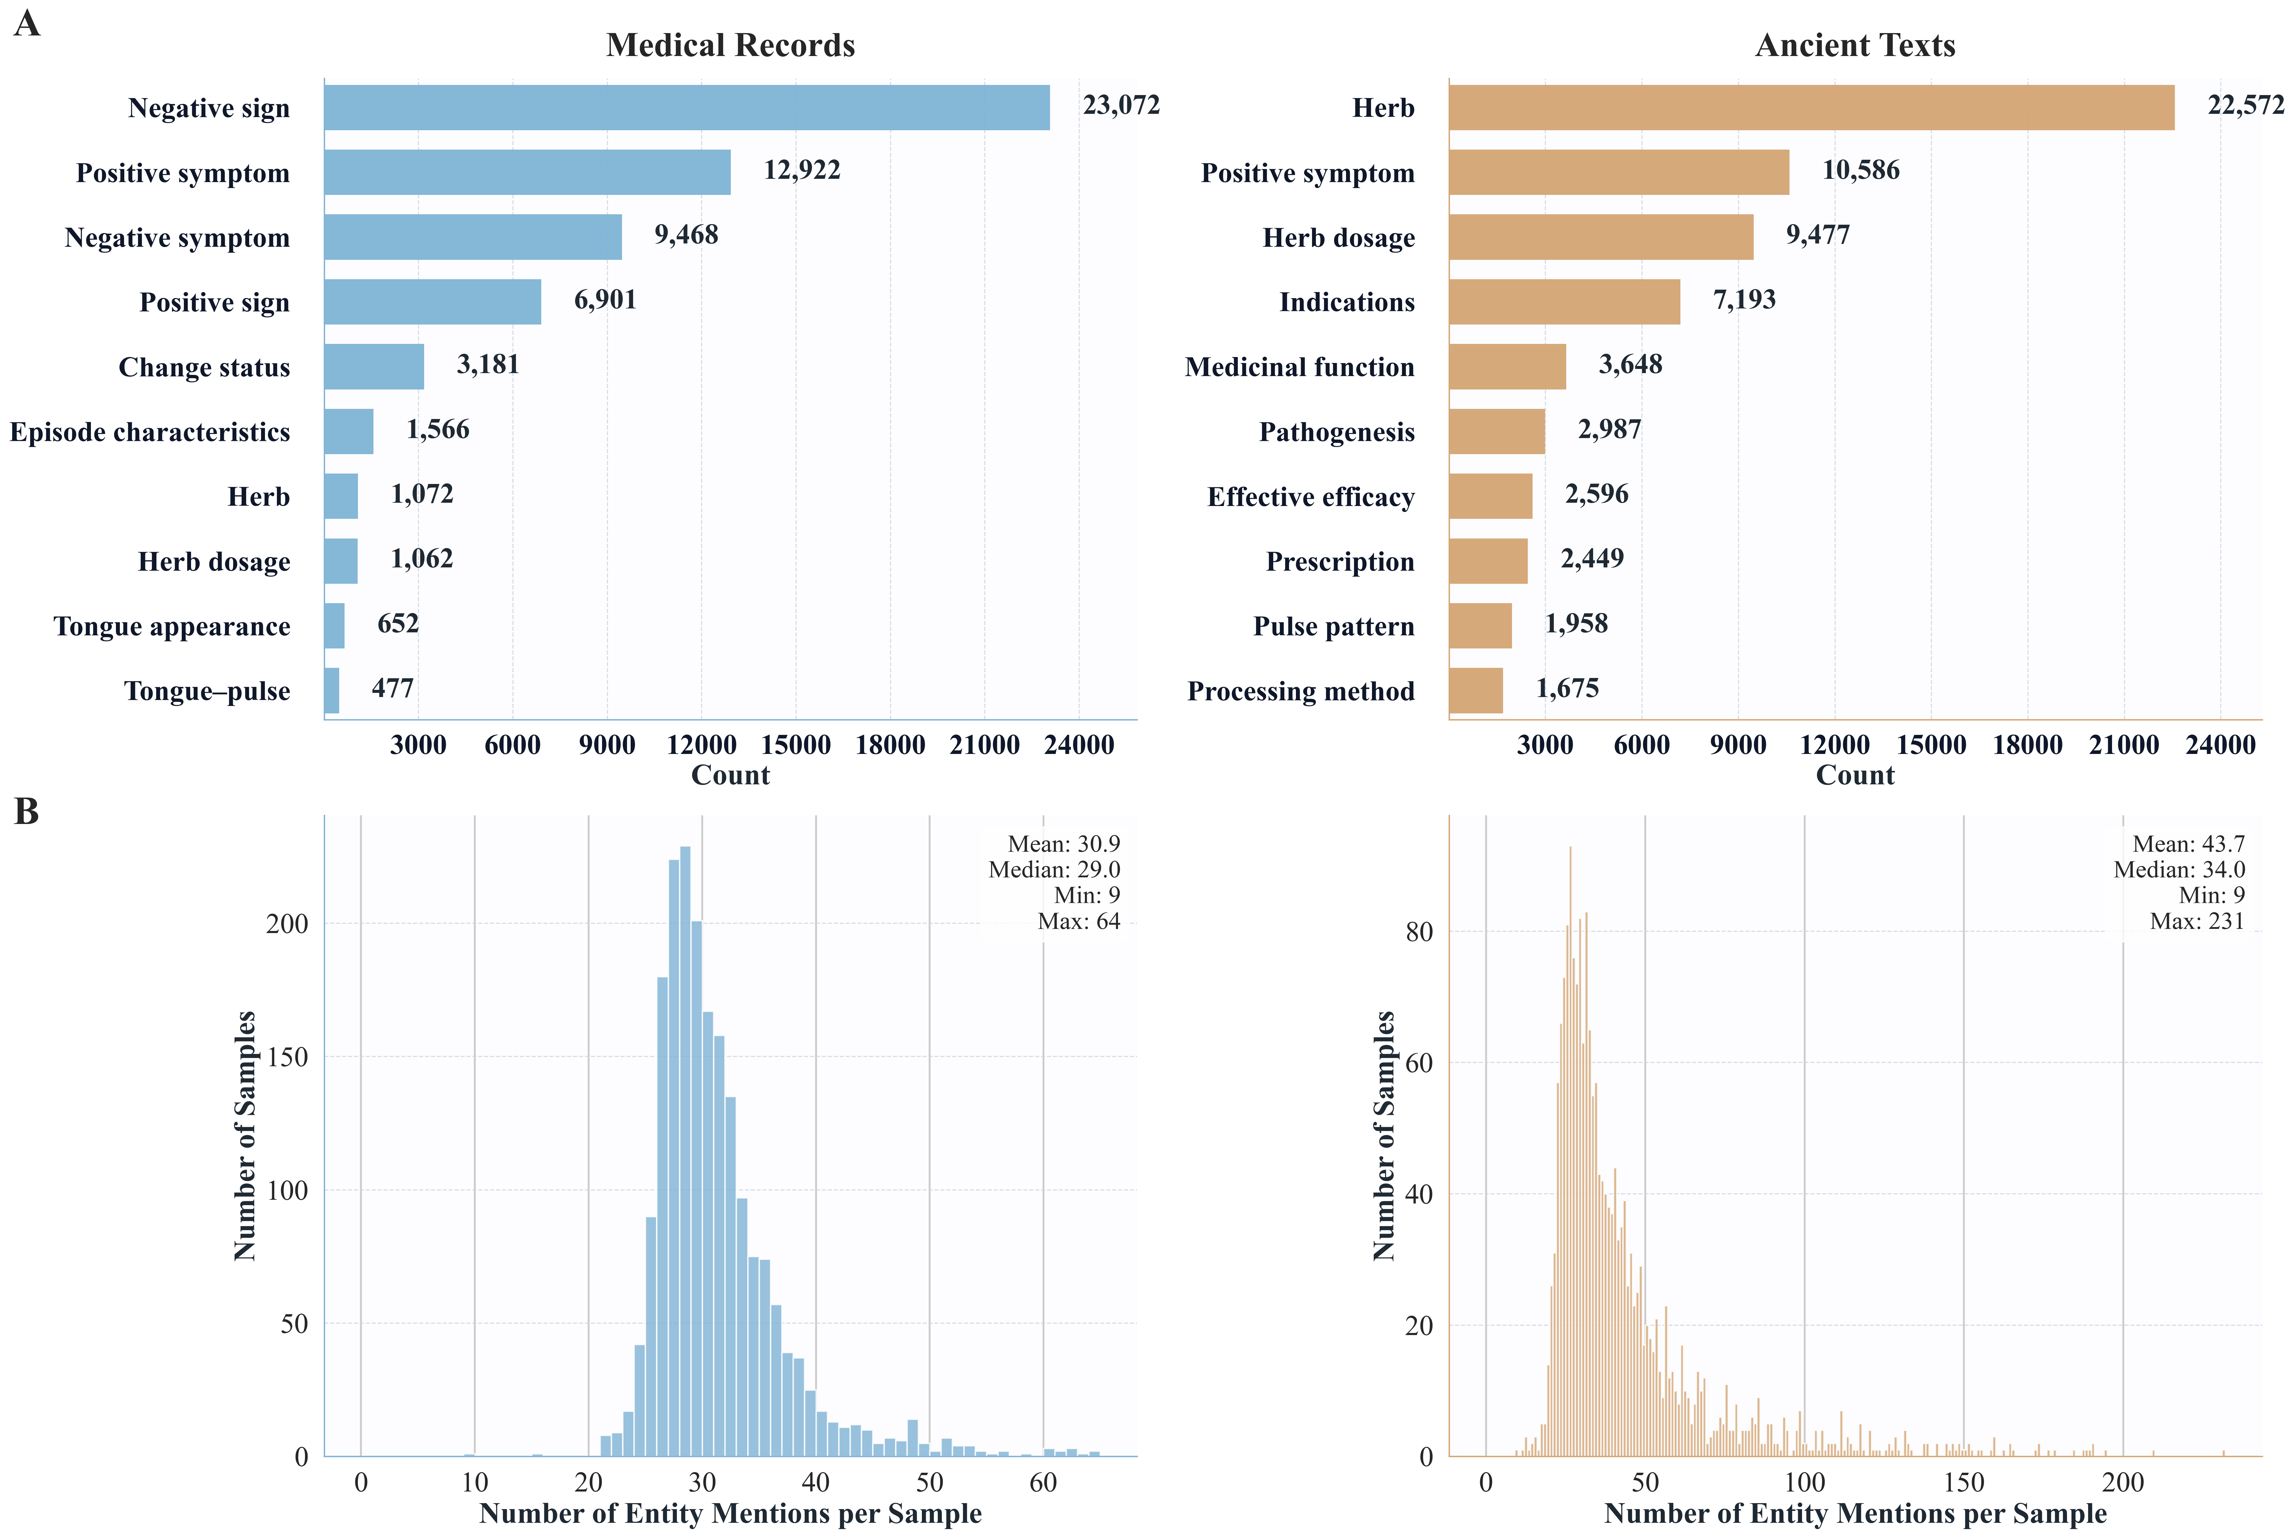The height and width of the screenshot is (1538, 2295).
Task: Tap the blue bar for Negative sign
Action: pyautogui.click(x=686, y=108)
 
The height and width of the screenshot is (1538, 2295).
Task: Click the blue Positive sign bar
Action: pyautogui.click(x=432, y=302)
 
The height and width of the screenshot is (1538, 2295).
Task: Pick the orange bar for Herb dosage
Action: pyautogui.click(x=1601, y=238)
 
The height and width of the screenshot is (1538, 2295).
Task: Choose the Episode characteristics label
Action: pyautogui.click(x=150, y=433)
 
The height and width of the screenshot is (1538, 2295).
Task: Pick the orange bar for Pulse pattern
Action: pyautogui.click(x=1480, y=626)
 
